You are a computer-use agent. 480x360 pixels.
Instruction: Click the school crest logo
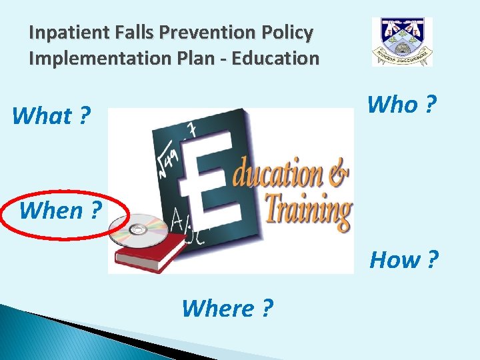[x=402, y=42]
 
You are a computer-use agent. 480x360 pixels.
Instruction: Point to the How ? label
[x=404, y=259]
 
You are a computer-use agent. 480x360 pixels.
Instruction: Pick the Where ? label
[x=227, y=308]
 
